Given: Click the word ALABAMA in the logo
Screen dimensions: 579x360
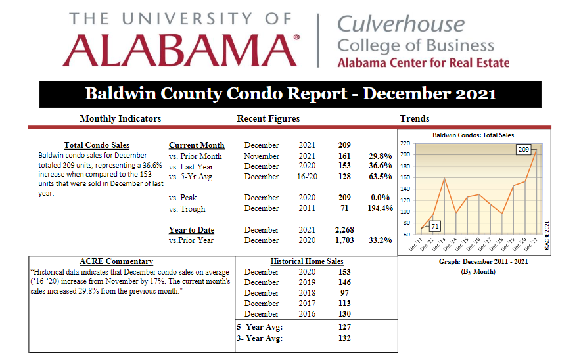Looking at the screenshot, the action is (x=179, y=50).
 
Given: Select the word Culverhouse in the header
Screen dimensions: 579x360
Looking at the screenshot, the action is (x=401, y=24).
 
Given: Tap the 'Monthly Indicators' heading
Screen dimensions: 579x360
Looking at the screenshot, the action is (x=120, y=118).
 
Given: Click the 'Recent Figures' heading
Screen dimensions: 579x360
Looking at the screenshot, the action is (x=268, y=118).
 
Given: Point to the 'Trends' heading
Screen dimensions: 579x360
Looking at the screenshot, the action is (x=414, y=118).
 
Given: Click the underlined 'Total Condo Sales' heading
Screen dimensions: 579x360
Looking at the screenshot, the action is (x=97, y=145).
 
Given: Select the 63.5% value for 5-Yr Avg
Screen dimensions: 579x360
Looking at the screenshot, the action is (x=380, y=177).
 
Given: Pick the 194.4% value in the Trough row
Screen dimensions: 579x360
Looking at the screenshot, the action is (x=380, y=208).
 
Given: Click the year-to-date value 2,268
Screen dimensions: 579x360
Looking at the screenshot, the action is (x=344, y=230).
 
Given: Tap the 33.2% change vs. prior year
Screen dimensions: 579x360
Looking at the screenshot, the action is (x=380, y=240).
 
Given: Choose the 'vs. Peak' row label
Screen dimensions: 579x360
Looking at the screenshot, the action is (x=183, y=198).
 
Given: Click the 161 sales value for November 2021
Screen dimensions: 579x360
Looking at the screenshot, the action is (x=344, y=156).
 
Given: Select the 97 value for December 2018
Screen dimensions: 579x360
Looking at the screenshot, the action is (x=344, y=293).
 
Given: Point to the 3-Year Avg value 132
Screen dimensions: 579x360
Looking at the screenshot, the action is (x=344, y=338).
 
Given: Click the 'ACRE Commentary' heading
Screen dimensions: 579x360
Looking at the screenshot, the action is (x=116, y=261).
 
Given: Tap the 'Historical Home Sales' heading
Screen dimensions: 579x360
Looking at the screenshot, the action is (x=307, y=261).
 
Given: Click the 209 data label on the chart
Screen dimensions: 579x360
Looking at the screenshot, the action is (x=524, y=150).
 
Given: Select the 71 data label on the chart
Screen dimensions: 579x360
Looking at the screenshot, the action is (x=435, y=227).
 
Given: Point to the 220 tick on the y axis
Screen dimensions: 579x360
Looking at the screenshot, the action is (x=405, y=143).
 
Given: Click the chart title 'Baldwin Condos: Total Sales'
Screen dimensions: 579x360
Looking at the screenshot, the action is (x=473, y=135).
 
